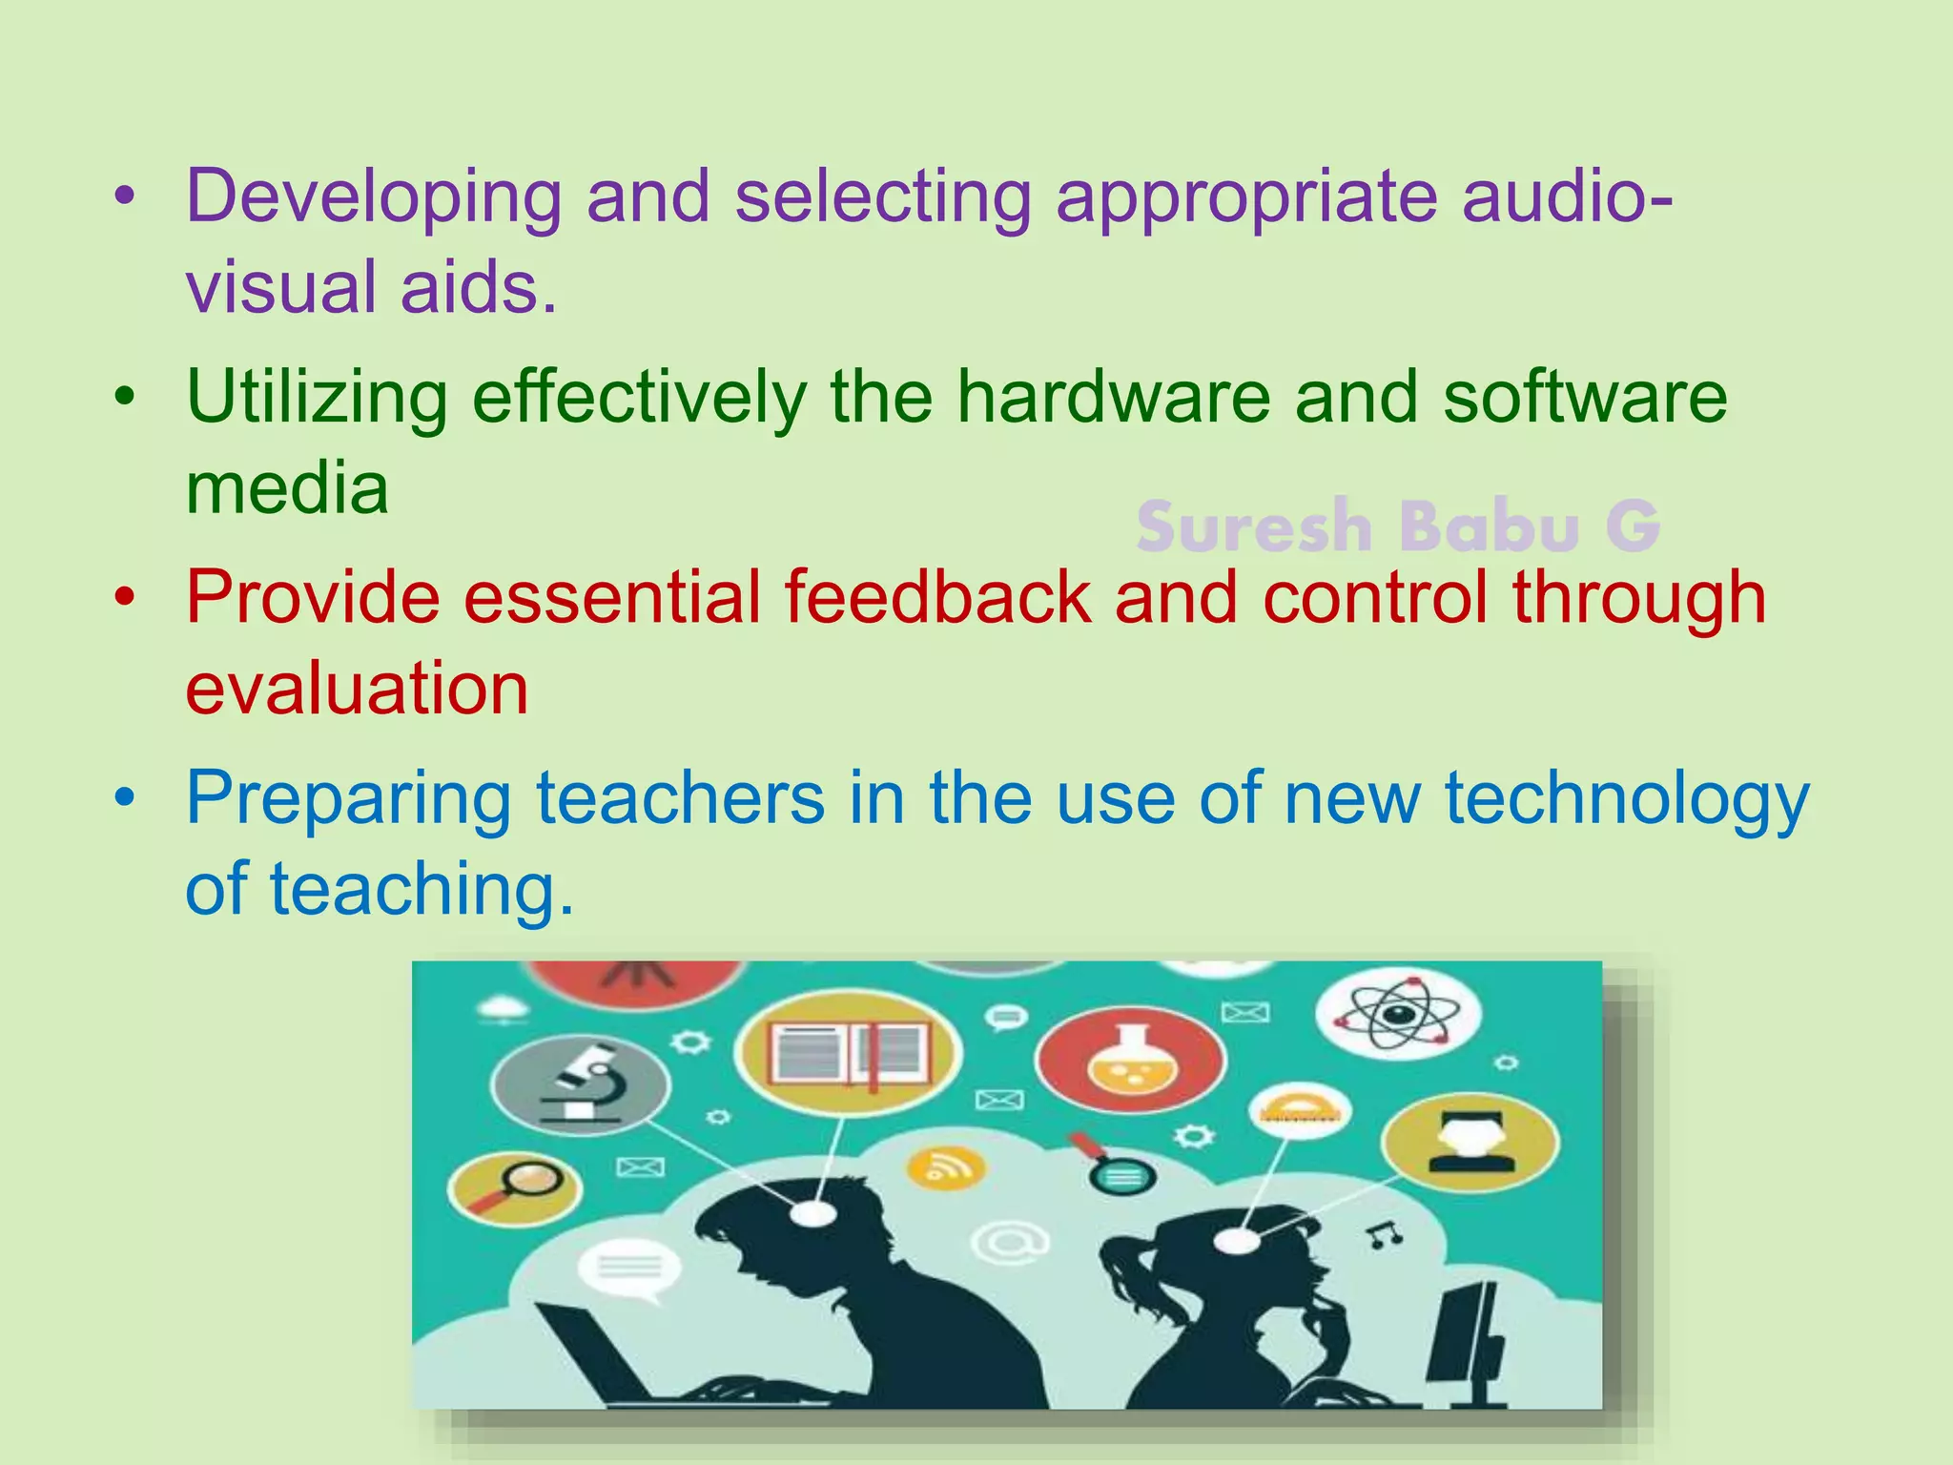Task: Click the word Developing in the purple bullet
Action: [x=373, y=197]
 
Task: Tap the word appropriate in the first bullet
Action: [x=1245, y=197]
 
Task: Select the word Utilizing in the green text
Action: [x=317, y=398]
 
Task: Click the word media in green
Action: [x=287, y=488]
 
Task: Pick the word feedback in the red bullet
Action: [x=937, y=597]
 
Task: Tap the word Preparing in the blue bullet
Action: [x=348, y=799]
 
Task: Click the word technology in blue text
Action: [x=1626, y=799]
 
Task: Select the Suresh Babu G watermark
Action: [x=1398, y=526]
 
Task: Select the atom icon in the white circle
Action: [x=1397, y=1014]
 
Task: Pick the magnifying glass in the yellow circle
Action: [x=515, y=1187]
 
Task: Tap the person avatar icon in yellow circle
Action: [x=1470, y=1142]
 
